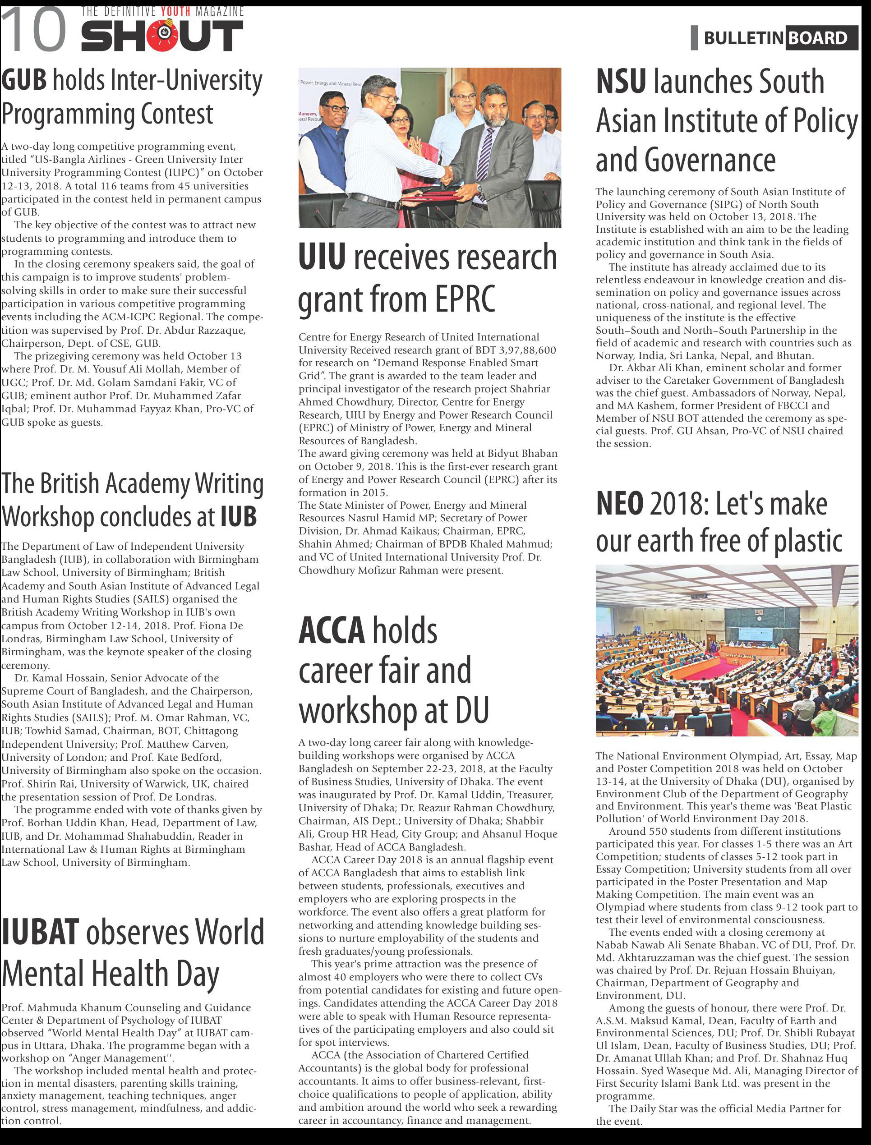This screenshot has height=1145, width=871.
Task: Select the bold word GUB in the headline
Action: click(x=23, y=80)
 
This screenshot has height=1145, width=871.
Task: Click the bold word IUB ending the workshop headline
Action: click(x=239, y=517)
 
